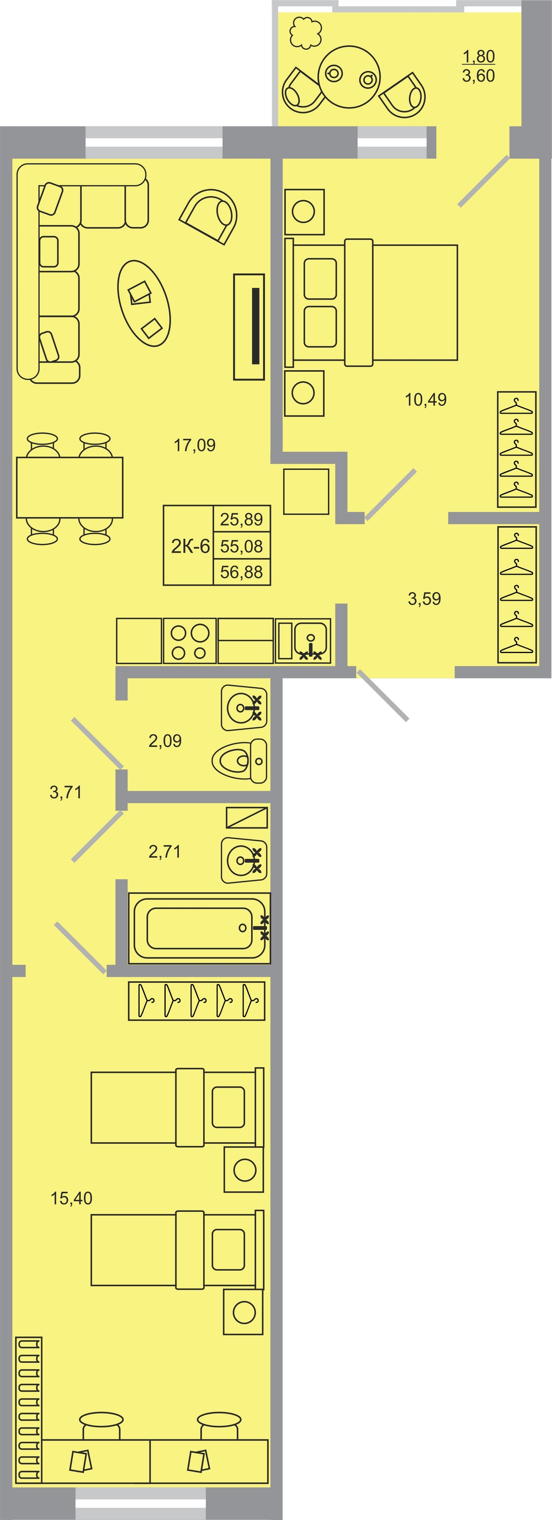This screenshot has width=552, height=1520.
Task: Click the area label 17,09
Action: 194,445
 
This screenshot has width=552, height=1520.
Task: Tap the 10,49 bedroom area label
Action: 426,399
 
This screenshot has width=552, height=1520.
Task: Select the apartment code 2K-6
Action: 190,547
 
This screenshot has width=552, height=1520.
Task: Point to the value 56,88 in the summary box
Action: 241,572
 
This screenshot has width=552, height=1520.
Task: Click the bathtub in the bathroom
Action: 199,928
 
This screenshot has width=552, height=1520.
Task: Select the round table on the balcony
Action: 349,77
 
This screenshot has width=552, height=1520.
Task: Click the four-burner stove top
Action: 189,641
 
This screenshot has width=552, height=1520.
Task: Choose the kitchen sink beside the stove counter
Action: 304,641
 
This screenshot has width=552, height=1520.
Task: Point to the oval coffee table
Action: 144,303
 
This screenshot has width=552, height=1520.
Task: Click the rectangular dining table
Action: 70,488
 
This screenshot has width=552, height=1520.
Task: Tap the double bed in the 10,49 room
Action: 371,302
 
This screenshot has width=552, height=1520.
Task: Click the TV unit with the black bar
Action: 248,327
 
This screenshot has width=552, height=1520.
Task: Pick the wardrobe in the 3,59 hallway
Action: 517,594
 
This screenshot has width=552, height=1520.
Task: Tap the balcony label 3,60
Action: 478,76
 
